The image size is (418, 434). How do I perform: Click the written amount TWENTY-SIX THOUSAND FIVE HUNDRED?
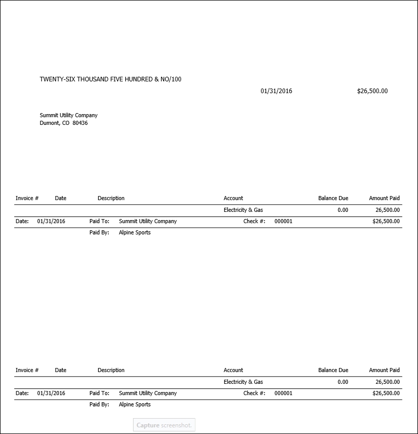pos(111,79)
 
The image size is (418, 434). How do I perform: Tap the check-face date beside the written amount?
pos(276,91)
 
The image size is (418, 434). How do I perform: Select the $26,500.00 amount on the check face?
pos(372,91)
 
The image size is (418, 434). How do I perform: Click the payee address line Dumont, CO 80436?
pos(64,123)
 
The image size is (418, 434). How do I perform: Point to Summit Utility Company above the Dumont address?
pos(69,115)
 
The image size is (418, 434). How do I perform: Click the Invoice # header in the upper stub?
pos(27,198)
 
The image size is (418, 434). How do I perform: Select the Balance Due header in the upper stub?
pos(333,198)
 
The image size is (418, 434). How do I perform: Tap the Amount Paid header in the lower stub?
pos(384,370)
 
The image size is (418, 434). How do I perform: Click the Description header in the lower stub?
pos(111,370)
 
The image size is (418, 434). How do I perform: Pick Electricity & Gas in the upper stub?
pos(243,210)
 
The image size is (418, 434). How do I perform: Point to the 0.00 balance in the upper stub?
pos(343,210)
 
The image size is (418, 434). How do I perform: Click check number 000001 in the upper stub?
pos(283,221)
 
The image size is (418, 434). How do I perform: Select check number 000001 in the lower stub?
pos(283,393)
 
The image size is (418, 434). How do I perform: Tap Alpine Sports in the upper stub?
pos(135,232)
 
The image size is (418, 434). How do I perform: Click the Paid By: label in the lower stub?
pos(99,404)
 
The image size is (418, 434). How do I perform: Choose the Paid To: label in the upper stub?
pos(99,221)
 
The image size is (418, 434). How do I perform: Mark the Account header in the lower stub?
pos(233,370)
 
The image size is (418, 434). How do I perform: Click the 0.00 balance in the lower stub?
pos(343,382)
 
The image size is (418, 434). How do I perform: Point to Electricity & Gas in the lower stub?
pos(243,382)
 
